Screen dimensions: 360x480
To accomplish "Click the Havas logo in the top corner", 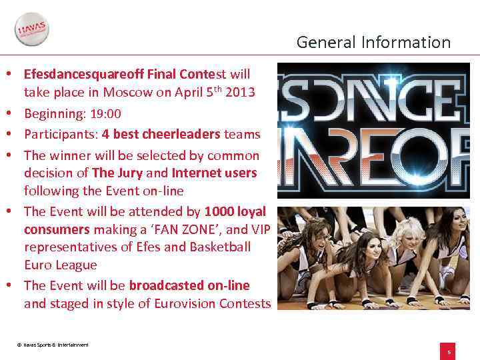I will coord(32,30).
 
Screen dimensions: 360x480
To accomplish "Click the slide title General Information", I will coord(373,43).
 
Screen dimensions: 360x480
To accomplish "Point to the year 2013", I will coord(240,92).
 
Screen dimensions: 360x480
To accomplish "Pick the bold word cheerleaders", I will coord(180,134).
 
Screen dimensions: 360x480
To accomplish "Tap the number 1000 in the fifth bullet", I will coord(219,212).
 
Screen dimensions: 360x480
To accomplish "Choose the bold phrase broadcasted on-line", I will coord(189,286).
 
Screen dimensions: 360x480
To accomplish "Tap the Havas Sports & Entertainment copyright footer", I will coord(53,345).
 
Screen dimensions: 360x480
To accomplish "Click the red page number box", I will coord(449,351).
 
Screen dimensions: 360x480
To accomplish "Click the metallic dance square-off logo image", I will coord(373,130).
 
